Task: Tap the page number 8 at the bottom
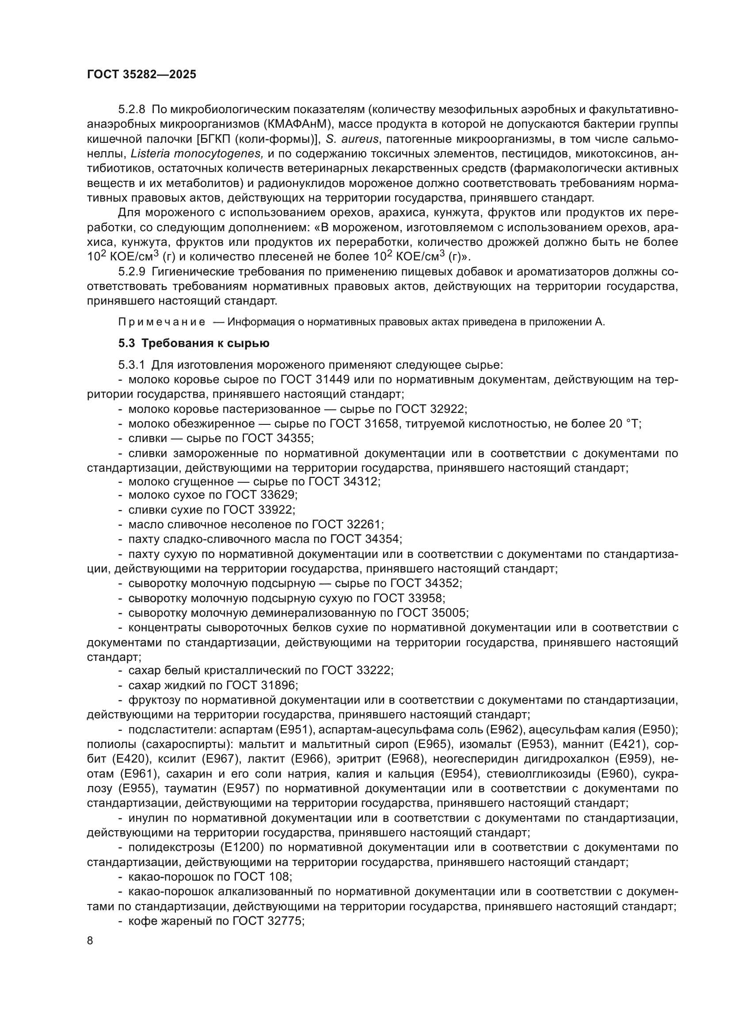(90, 940)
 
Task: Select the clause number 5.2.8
(132, 110)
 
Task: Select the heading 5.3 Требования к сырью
(194, 343)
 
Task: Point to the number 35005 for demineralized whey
(449, 613)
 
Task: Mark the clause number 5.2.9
(132, 271)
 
